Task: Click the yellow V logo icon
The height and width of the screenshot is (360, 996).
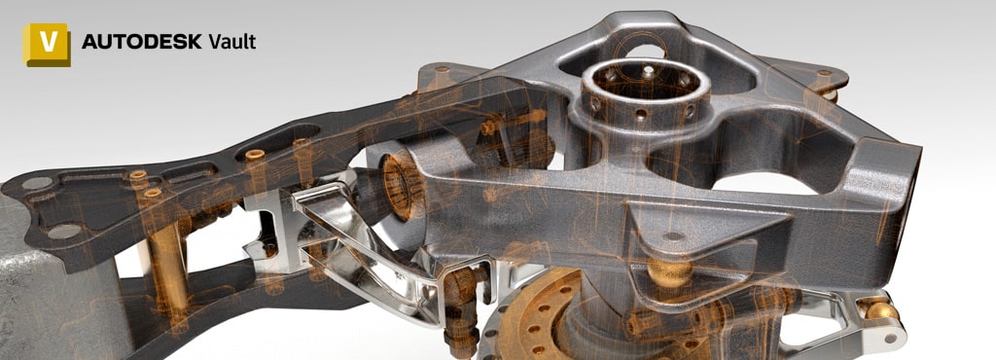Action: click(x=47, y=44)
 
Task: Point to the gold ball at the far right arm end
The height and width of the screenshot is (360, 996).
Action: click(x=881, y=310)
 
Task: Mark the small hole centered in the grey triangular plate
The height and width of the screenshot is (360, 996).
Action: click(x=674, y=235)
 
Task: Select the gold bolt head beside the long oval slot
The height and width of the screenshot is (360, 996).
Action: click(x=255, y=155)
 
